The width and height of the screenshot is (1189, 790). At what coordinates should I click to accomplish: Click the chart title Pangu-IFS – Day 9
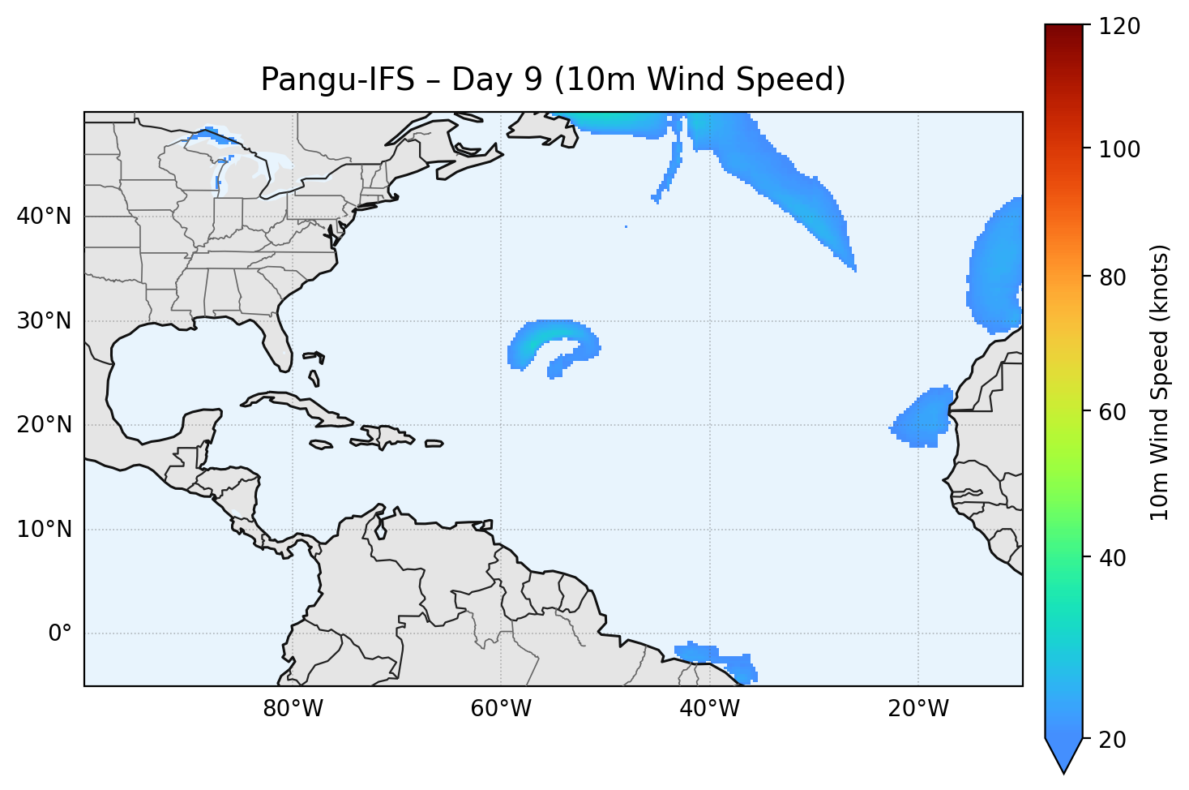click(553, 79)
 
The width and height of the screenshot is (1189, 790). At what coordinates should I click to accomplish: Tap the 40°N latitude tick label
click(44, 217)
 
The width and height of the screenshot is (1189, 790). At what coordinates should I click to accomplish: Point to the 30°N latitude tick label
click(44, 321)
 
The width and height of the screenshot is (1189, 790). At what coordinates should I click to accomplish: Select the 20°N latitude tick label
click(44, 425)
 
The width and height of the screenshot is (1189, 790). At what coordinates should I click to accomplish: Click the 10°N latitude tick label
click(44, 530)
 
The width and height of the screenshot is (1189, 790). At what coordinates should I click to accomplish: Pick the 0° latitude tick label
click(60, 633)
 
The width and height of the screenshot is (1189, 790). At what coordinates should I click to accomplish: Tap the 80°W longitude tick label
click(293, 709)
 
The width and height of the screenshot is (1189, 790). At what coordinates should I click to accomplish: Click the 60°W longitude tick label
click(501, 709)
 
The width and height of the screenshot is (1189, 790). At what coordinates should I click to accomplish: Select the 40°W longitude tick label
click(709, 709)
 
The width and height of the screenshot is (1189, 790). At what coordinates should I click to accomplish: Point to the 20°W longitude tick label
click(918, 709)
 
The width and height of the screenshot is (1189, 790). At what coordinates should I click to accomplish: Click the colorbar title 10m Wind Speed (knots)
click(1160, 382)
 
